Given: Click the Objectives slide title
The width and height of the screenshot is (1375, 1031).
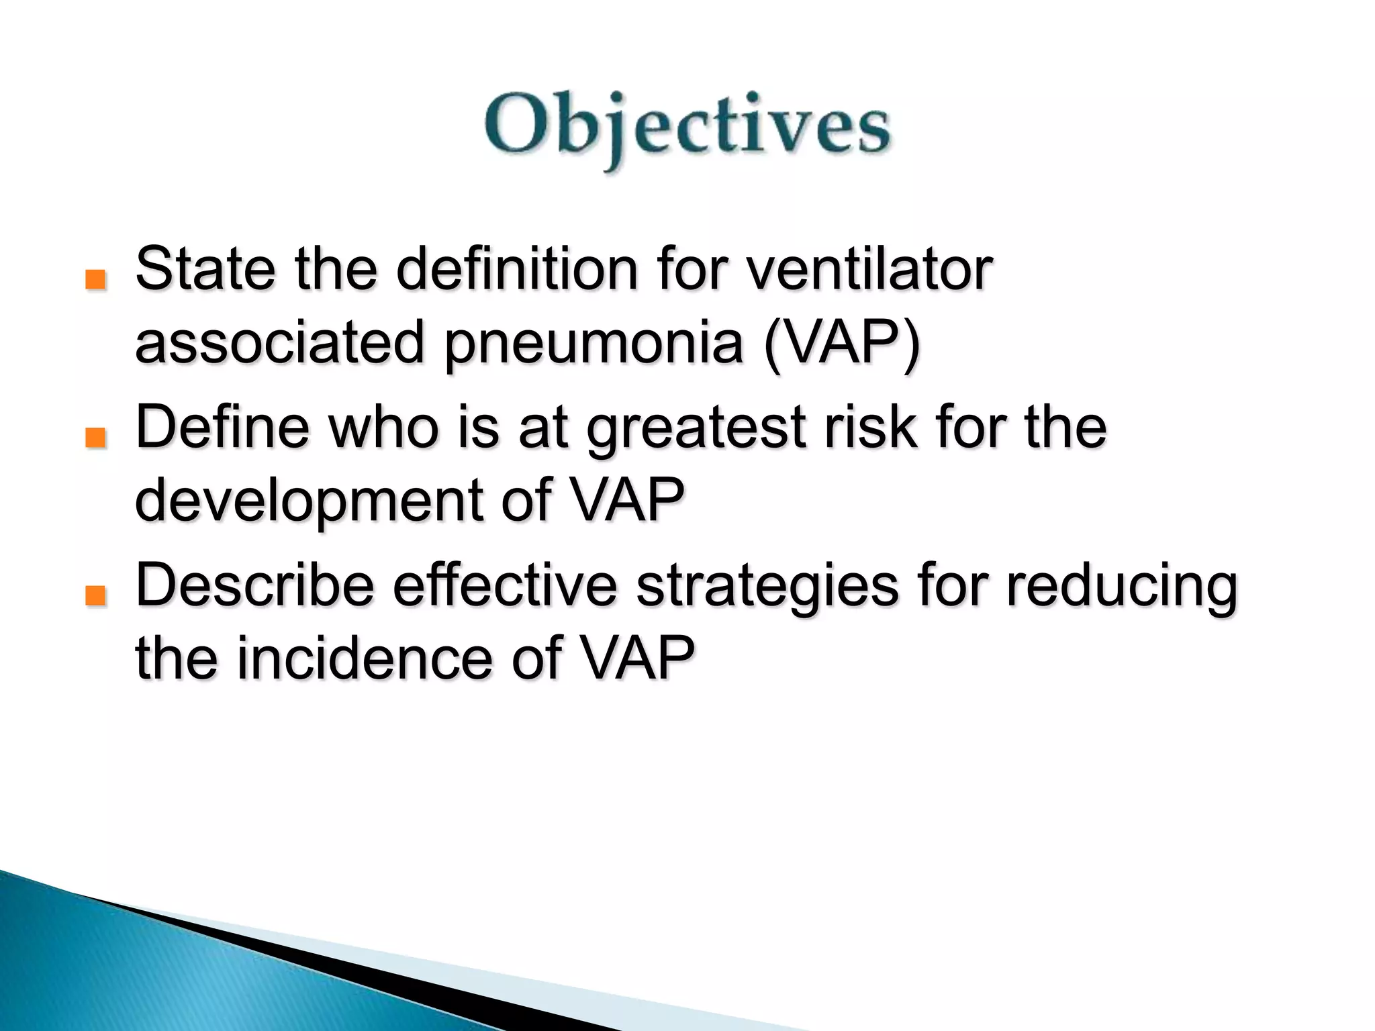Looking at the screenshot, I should point(687,128).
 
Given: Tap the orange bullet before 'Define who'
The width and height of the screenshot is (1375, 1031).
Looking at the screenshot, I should point(96,438).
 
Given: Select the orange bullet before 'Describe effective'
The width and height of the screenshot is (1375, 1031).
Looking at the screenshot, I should point(96,595).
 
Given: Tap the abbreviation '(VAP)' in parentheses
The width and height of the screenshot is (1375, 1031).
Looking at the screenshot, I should point(843,342).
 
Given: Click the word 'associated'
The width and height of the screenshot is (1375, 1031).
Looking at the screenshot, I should point(280,342).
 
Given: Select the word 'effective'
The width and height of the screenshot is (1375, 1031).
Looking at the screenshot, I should point(505,585).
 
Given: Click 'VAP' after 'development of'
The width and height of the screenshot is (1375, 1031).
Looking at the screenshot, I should point(627,500).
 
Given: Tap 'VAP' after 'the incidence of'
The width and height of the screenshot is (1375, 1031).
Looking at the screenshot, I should point(636,658).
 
